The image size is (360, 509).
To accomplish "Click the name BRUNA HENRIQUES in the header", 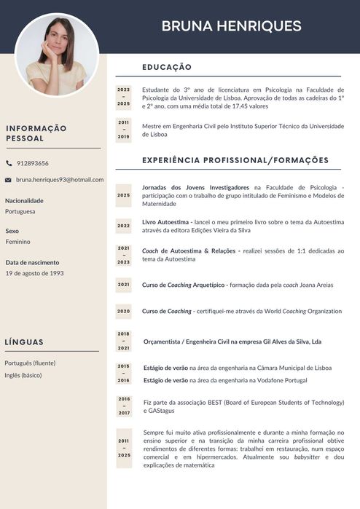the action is pos(231,26).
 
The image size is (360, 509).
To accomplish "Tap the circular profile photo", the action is pos(57,56).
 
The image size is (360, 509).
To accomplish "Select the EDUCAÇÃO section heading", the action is pos(167,67).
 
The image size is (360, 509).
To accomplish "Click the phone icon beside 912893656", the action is pos(9,163).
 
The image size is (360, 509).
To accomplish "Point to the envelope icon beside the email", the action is pos(9,179).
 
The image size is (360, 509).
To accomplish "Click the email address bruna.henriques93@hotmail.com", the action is pos(60,179).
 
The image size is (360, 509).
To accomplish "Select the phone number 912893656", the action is pos(33,163).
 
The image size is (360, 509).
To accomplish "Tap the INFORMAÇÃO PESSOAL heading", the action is pos(36,133).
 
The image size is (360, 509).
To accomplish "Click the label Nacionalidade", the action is pos(24,200).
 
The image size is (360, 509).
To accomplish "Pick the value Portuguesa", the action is pos(20,211).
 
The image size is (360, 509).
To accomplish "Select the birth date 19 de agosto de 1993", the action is pos(34,273).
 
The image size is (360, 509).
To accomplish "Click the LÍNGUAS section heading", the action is pos(24,342).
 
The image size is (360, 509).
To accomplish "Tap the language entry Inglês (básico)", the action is pos(23,375).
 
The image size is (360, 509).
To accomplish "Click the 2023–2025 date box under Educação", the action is pos(123,97).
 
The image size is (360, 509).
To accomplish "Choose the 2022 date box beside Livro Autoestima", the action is pos(123,226).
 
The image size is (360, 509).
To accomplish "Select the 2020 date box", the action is pos(123,311).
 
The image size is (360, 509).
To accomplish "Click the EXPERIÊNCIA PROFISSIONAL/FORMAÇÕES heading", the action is pos(235,160).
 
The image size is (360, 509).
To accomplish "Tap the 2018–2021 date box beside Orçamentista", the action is pos(123,341).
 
